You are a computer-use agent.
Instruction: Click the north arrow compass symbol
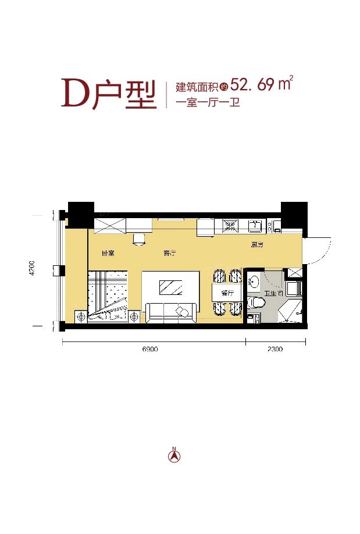[x=173, y=455]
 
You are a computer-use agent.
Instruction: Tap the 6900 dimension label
[x=149, y=350]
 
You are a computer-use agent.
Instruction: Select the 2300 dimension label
[x=275, y=350]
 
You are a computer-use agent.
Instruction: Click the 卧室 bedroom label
[x=108, y=254]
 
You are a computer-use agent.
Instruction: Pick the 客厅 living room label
[x=170, y=254]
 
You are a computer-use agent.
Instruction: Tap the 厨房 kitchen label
[x=258, y=245]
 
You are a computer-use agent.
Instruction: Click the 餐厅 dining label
[x=227, y=294]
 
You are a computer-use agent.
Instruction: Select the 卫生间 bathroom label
[x=274, y=294]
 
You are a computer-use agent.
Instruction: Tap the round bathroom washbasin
[x=255, y=282]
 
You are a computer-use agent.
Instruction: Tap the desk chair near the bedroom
[x=139, y=239]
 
